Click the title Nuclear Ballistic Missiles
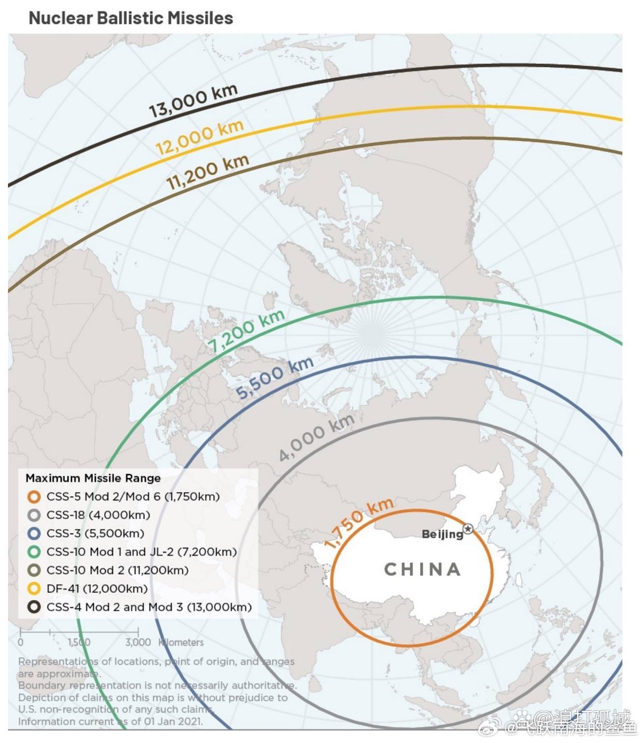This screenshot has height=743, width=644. pyautogui.click(x=131, y=18)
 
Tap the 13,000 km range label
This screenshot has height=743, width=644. pyautogui.click(x=193, y=101)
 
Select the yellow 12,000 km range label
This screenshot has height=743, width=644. pyautogui.click(x=200, y=137)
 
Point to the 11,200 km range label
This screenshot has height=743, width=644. pyautogui.click(x=207, y=172)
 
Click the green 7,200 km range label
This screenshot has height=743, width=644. pyautogui.click(x=246, y=330)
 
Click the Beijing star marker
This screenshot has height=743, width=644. pyautogui.click(x=468, y=529)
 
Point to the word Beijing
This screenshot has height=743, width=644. pyautogui.click(x=442, y=534)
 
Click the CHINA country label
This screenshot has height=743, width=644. pyautogui.click(x=423, y=569)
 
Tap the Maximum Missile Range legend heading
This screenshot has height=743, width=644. pyautogui.click(x=93, y=478)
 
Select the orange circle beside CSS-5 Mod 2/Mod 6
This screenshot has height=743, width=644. pyautogui.click(x=34, y=497)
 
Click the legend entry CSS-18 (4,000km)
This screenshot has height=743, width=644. pyautogui.click(x=98, y=515)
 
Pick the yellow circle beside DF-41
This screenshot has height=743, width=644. pyautogui.click(x=34, y=589)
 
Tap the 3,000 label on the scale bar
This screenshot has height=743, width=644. pyautogui.click(x=138, y=642)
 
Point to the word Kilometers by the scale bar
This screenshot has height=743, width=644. pyautogui.click(x=181, y=642)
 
